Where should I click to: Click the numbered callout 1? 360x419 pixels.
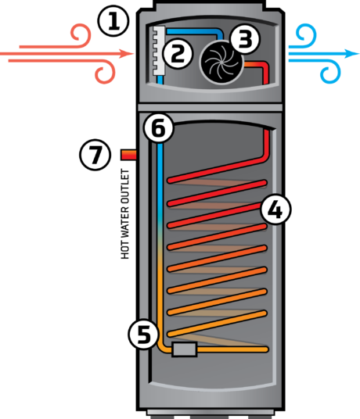pos(113,20)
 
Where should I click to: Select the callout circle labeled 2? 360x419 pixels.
pos(178,53)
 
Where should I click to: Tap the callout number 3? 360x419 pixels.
pos(245,37)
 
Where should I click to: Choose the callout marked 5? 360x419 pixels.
pos(143,334)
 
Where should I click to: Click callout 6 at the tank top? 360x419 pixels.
pos(159,128)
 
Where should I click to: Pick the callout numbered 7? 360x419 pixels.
pos(95,155)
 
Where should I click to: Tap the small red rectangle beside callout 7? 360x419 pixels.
pos(129,155)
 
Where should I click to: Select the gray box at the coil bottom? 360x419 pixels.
pos(184,349)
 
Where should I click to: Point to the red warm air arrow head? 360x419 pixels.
pos(128,54)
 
